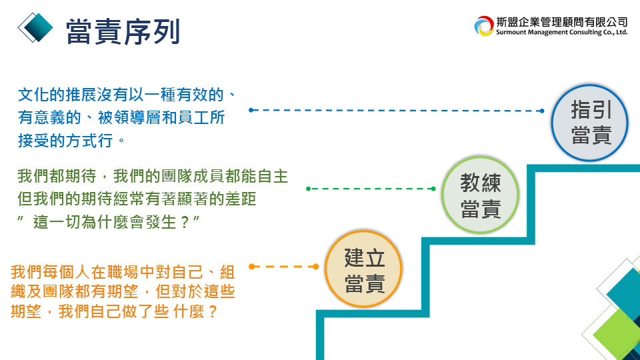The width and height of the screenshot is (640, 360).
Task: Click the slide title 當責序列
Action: click(x=123, y=31)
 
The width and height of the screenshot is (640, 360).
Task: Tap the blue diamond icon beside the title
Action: click(x=35, y=27)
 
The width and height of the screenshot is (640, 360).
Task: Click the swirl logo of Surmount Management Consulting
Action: click(x=484, y=26)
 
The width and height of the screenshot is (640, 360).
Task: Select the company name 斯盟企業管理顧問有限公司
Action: click(x=561, y=22)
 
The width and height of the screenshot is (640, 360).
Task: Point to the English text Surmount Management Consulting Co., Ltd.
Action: click(x=561, y=32)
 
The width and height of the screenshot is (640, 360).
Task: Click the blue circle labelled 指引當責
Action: click(x=589, y=123)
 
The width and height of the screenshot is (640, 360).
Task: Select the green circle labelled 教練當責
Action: click(x=480, y=195)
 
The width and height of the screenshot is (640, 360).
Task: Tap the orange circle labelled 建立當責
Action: click(x=364, y=269)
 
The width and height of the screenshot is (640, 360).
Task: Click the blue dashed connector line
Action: click(x=396, y=110)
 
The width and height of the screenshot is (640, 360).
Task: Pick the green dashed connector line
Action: click(x=371, y=189)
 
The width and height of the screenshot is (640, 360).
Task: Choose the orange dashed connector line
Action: click(x=284, y=267)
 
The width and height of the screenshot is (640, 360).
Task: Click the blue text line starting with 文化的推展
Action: click(x=127, y=95)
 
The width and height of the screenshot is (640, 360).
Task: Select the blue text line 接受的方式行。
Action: click(x=71, y=141)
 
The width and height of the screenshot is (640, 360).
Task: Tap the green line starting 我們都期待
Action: click(x=153, y=176)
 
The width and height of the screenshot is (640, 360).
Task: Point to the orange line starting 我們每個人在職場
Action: click(x=123, y=272)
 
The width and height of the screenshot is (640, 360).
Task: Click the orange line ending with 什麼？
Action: click(x=114, y=311)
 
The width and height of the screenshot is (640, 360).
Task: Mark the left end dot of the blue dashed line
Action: click(x=251, y=110)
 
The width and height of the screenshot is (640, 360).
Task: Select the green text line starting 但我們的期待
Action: click(x=137, y=199)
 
